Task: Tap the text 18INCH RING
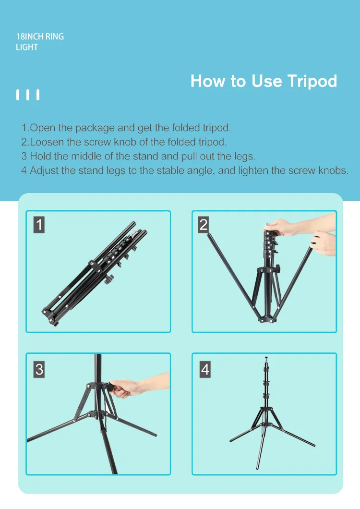(x=40, y=36)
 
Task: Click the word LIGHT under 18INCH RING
(x=27, y=47)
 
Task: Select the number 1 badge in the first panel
(x=39, y=225)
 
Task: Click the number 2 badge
(x=204, y=225)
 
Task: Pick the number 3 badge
(x=39, y=369)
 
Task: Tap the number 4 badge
(x=205, y=369)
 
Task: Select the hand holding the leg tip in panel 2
(x=323, y=243)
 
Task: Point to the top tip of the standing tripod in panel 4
(x=266, y=358)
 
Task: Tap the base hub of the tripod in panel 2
(x=267, y=319)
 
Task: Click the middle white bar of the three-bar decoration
(x=28, y=95)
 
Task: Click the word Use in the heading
(x=266, y=81)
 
